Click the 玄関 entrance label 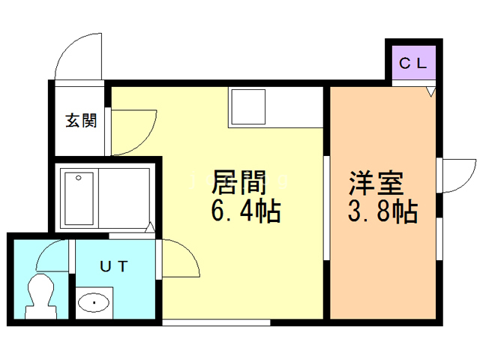click(80, 120)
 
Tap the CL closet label click(412, 63)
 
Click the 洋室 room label click(376, 183)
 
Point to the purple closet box click(412, 63)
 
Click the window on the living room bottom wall click(216, 322)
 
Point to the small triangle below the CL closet click(430, 91)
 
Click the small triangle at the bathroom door click(151, 226)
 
